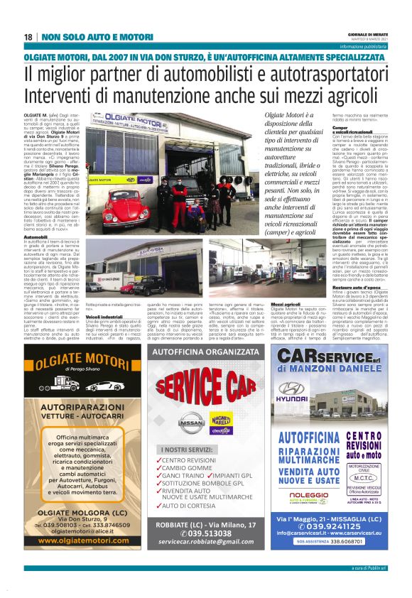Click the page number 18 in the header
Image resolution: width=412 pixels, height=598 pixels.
click(28, 36)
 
